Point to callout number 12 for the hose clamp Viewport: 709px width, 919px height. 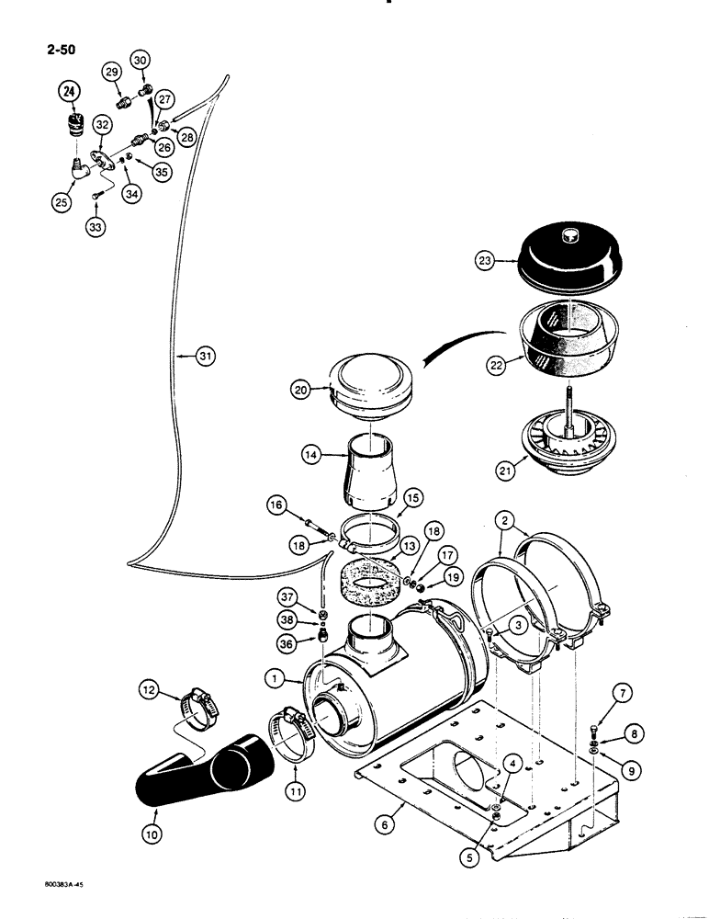pyautogui.click(x=150, y=687)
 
